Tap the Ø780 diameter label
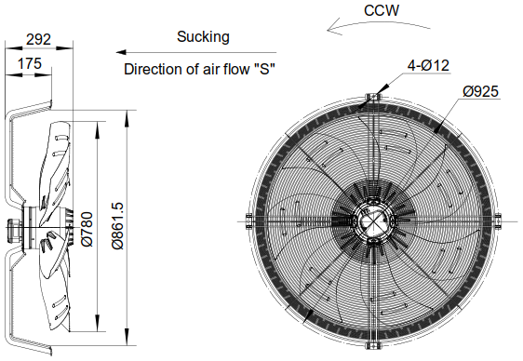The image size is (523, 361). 87,228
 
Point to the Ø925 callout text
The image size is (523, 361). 482,90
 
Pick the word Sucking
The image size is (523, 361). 203,37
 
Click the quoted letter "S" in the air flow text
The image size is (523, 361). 269,69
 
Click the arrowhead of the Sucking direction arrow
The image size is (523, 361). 122,52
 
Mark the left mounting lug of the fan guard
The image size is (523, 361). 248,220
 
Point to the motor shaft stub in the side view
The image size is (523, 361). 14,223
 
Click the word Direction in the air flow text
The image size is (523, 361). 154,69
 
